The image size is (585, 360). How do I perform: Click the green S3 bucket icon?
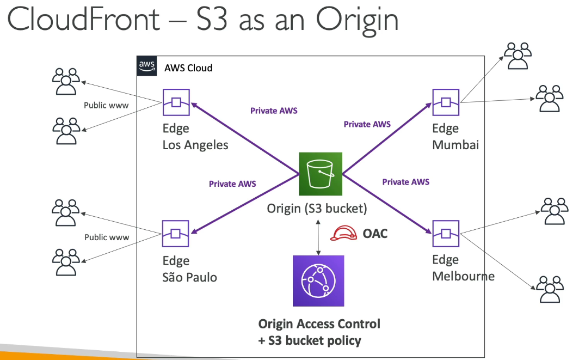click(x=321, y=174)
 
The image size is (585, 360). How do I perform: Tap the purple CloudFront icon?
click(x=318, y=281)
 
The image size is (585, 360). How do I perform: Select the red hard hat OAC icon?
click(x=343, y=233)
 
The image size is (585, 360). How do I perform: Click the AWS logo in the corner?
click(x=146, y=66)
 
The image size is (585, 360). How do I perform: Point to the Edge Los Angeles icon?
click(x=176, y=102)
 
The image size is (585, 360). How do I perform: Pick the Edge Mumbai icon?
click(x=446, y=102)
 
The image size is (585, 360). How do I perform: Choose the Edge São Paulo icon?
click(x=175, y=234)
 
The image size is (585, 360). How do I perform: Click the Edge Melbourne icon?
click(x=446, y=234)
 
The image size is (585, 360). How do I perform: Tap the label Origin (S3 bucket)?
click(x=317, y=209)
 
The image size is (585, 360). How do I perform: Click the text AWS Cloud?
click(x=188, y=68)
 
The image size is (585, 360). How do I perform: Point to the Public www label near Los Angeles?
click(x=106, y=105)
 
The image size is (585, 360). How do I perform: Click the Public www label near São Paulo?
click(x=107, y=237)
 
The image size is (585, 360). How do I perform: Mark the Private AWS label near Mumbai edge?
click(x=367, y=124)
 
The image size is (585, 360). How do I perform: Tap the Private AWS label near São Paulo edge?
click(x=232, y=184)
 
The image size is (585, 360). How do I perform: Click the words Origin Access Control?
click(x=319, y=324)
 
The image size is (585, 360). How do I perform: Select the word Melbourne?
click(x=463, y=276)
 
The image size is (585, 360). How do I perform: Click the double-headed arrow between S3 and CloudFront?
click(x=318, y=237)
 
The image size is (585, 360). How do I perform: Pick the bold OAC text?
click(x=375, y=234)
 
